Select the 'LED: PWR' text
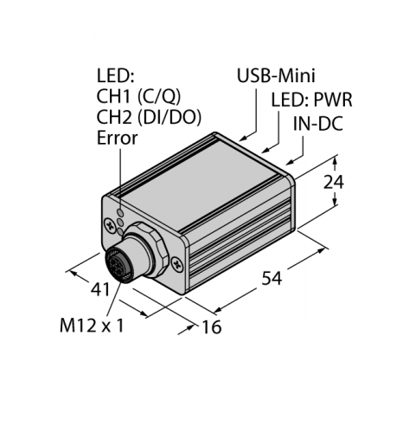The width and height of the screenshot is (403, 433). pos(307,100)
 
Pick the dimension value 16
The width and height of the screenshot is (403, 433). pos(211,326)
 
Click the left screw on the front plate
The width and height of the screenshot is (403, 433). pos(111,227)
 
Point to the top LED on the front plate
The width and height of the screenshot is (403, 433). pos(119,208)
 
